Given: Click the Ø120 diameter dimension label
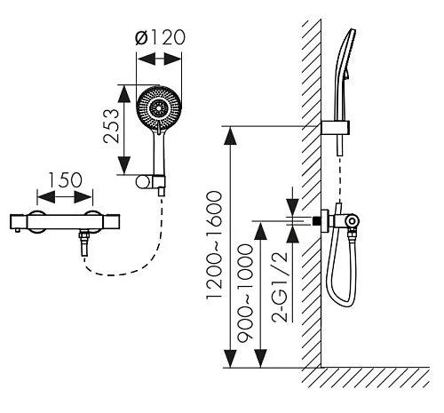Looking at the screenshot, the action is tap(160, 37).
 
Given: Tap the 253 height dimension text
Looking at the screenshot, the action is tap(112, 126).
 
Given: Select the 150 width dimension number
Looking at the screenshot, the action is tap(65, 180).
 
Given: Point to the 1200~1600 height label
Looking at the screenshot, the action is tap(214, 245).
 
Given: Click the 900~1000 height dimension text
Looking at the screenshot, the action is tap(246, 293).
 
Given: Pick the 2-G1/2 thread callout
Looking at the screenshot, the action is tap(280, 287).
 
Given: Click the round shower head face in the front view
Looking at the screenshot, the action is tap(159, 109).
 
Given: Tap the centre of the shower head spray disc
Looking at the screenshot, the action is tap(159, 108).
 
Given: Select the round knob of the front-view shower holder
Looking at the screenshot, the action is tap(143, 182).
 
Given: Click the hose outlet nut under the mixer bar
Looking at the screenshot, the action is tap(84, 236).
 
